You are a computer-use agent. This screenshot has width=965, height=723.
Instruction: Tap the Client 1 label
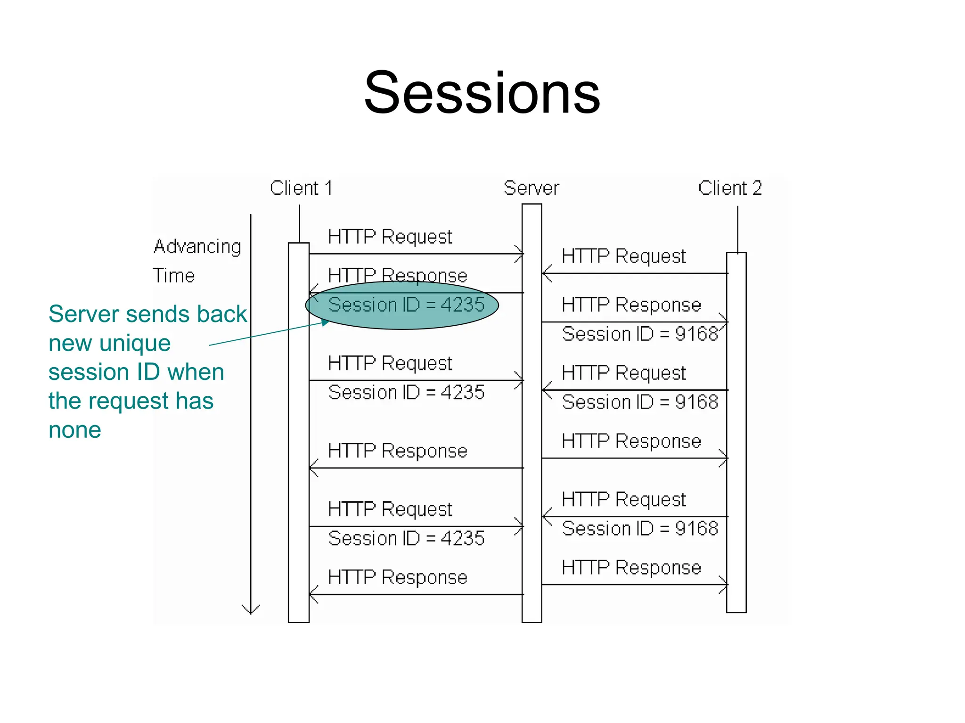[x=301, y=188]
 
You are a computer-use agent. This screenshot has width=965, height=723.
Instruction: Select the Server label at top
[x=531, y=188]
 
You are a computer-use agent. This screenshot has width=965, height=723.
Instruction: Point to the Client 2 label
[x=730, y=188]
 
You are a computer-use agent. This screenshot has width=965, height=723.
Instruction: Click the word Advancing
[x=197, y=247]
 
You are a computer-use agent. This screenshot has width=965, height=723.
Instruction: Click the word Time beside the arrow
[x=173, y=276]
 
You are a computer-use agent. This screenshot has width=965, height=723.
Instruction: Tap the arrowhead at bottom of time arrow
[x=251, y=610]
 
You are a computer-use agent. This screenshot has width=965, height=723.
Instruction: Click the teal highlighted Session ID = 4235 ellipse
[x=402, y=305]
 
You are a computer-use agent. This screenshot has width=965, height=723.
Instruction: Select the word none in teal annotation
[x=75, y=430]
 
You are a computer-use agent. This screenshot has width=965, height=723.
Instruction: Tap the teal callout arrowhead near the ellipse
[x=326, y=322]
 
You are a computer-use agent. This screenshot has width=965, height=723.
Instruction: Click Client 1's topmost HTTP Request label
[x=390, y=237]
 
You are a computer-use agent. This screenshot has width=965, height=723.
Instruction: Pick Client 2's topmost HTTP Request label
[x=624, y=257]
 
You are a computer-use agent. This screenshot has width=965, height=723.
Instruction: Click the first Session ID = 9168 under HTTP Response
[x=640, y=334]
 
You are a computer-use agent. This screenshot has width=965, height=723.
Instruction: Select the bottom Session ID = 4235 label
[x=406, y=538]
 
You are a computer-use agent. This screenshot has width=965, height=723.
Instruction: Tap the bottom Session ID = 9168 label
[x=640, y=529]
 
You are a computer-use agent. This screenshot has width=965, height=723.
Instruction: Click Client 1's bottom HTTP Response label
[x=398, y=577]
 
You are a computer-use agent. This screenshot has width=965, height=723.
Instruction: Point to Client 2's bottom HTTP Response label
[x=631, y=568]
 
